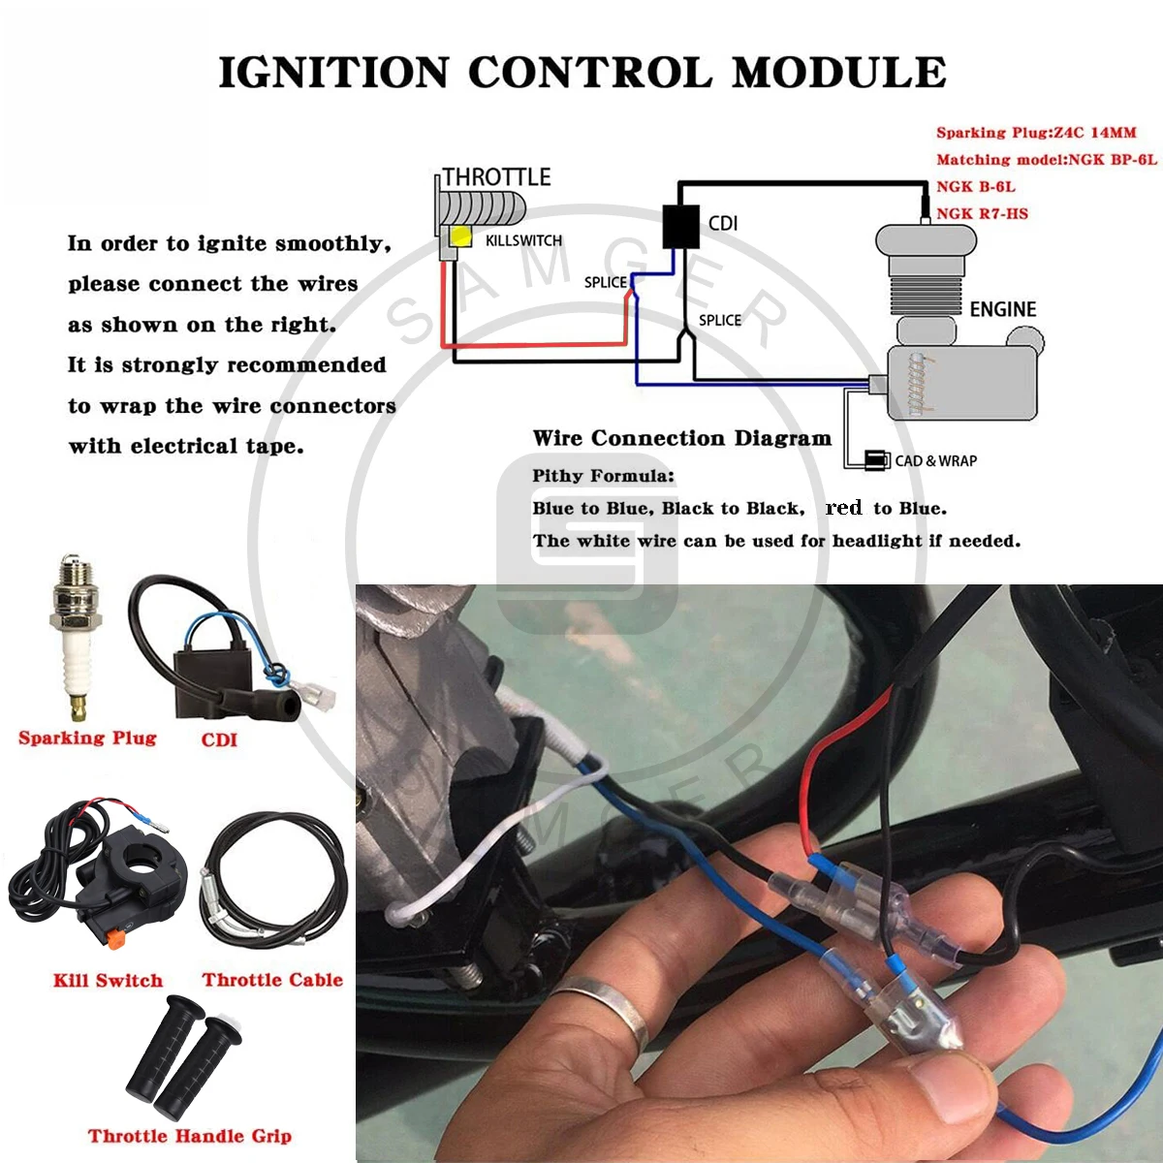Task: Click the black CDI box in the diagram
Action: click(680, 226)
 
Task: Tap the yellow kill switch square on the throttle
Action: click(459, 236)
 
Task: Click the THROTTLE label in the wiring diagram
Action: click(497, 177)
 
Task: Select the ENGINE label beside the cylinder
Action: click(1002, 309)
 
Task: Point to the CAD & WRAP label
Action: click(935, 460)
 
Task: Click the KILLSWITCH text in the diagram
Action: click(523, 240)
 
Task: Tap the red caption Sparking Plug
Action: click(87, 739)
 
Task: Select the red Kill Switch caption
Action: click(108, 981)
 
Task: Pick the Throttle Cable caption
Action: click(272, 980)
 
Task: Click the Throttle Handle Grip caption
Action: click(189, 1136)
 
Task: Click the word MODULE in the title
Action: click(838, 73)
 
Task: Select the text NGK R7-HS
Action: click(982, 213)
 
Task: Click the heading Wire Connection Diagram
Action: click(681, 438)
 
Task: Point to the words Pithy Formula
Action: click(603, 476)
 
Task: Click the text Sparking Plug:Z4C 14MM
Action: click(1035, 133)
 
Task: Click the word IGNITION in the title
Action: click(333, 73)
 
